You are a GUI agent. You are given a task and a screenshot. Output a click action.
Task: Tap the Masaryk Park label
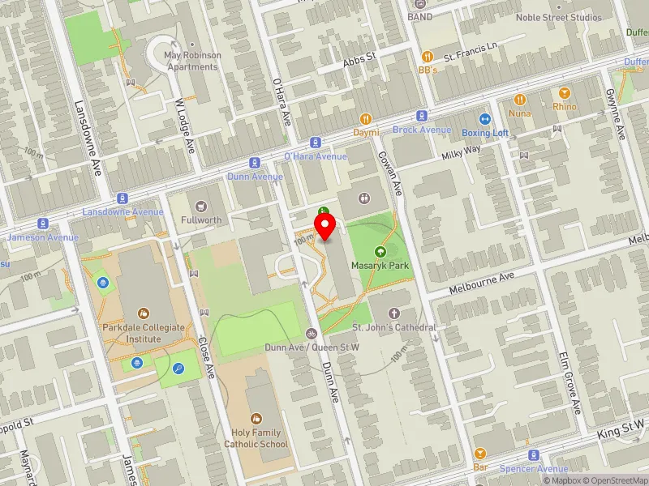pyautogui.click(x=380, y=266)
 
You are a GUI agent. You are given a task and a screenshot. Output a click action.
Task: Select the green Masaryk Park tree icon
pyautogui.click(x=380, y=252)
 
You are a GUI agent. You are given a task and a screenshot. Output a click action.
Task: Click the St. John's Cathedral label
pyautogui.click(x=394, y=327)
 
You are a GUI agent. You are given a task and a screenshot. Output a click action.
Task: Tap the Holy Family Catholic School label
pyautogui.click(x=255, y=438)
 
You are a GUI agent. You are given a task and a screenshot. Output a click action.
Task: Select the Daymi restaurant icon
pyautogui.click(x=367, y=118)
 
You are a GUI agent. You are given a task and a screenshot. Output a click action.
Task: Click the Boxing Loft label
pyautogui.click(x=485, y=133)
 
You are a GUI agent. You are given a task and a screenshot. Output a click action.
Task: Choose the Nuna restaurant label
pyautogui.click(x=520, y=113)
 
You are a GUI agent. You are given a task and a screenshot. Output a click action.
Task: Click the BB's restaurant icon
pyautogui.click(x=428, y=57)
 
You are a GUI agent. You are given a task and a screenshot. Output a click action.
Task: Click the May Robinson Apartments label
pyautogui.click(x=192, y=61)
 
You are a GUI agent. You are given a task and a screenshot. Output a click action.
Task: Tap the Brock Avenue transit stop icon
pyautogui.click(x=422, y=117)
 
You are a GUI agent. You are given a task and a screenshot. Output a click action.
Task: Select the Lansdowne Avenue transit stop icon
pyautogui.click(x=122, y=198)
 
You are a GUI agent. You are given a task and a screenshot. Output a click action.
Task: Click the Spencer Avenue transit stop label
pyautogui.click(x=533, y=469)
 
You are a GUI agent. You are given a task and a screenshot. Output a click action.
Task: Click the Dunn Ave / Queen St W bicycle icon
pyautogui.click(x=312, y=334)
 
